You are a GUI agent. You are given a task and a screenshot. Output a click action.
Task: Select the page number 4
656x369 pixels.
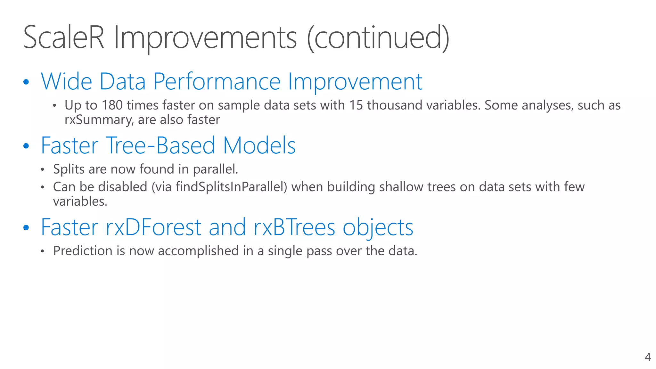click(x=647, y=357)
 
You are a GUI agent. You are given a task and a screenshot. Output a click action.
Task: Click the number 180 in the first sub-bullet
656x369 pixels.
click(x=112, y=105)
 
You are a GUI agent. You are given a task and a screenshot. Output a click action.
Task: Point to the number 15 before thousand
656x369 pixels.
click(x=356, y=105)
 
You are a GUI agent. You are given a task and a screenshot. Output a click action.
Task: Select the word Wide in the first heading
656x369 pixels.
click(x=67, y=82)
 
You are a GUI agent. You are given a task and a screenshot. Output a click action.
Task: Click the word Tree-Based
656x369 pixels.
click(x=160, y=146)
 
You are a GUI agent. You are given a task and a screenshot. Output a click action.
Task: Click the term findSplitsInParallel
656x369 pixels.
click(x=231, y=187)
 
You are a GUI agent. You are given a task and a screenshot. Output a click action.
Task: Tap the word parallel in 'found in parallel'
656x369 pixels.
click(x=215, y=169)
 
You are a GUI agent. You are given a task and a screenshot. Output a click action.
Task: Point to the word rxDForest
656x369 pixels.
click(x=153, y=227)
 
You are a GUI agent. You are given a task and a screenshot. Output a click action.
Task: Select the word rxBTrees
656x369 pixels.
click(x=294, y=227)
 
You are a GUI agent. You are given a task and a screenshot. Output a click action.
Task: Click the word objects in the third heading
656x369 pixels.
click(x=378, y=228)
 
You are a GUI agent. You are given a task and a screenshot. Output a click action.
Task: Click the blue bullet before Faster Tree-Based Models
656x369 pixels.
click(x=26, y=146)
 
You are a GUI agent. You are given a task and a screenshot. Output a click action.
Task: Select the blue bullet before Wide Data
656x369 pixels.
click(x=26, y=82)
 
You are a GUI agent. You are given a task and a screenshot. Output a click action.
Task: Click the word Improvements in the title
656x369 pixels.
click(x=205, y=38)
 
